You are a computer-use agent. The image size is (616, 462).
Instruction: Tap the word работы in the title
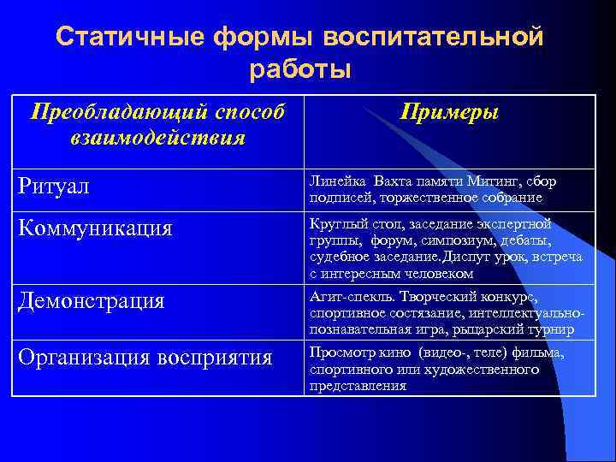300,68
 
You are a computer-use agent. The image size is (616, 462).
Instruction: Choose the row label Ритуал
53,186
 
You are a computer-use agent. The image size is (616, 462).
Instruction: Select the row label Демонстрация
93,301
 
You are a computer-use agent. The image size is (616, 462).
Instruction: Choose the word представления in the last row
357,386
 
